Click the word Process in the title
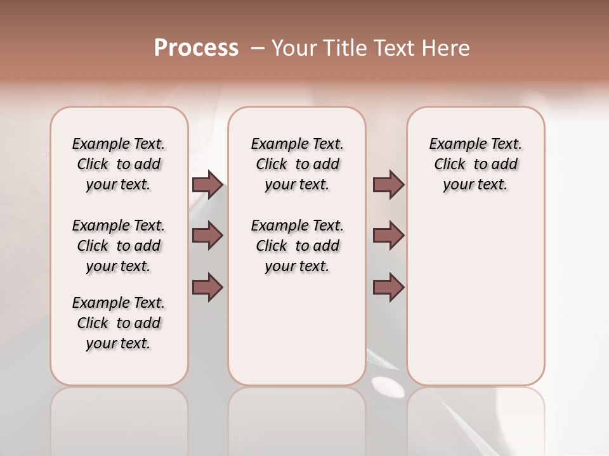pos(196,48)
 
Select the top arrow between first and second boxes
pos(207,184)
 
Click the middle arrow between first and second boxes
pos(207,236)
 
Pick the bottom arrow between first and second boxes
pos(207,288)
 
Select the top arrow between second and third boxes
pos(388,184)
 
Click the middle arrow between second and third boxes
pos(388,236)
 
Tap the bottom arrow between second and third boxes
pos(388,288)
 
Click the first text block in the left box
pos(119,164)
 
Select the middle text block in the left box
pos(119,246)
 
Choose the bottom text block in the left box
pos(119,323)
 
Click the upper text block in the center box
pos(298,164)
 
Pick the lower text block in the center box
pos(298,246)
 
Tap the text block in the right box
pos(476,164)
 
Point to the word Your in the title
pos(294,48)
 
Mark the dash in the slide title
pos(257,48)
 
